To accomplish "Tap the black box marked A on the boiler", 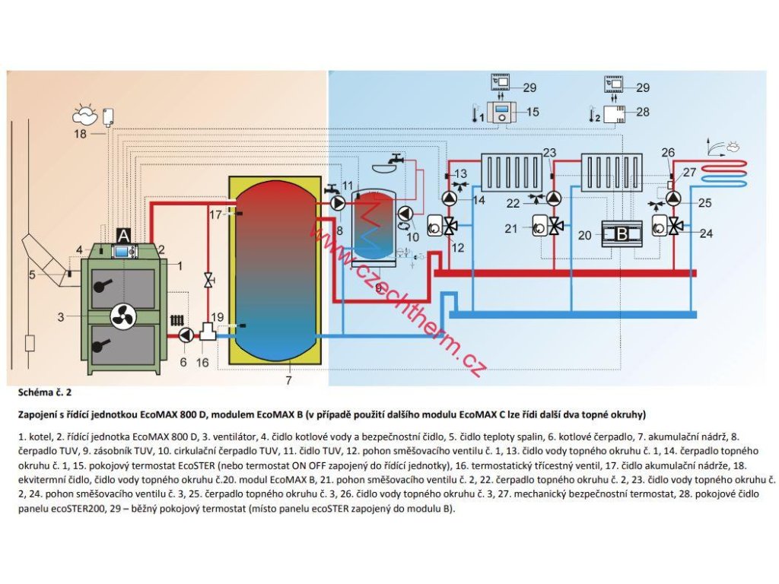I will tap(123, 235).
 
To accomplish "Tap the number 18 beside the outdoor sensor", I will tap(81, 134).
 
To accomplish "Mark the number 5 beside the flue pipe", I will tap(32, 274).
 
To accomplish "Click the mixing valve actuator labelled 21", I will tap(541, 226).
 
